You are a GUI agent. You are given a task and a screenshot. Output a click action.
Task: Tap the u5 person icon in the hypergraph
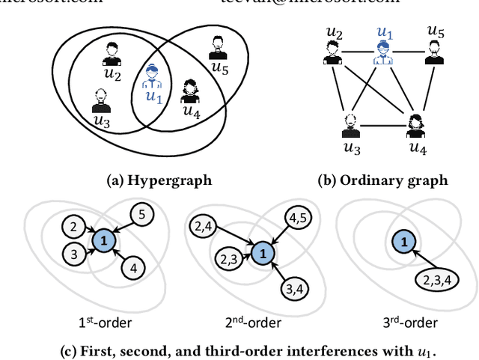coord(217,47)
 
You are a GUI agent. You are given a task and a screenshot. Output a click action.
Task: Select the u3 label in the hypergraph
coord(100,119)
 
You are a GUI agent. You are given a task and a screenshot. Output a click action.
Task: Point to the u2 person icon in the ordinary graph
coord(332,52)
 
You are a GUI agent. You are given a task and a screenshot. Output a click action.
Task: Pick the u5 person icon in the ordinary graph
coord(436,52)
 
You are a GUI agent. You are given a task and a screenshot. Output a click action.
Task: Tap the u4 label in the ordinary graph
coord(417,147)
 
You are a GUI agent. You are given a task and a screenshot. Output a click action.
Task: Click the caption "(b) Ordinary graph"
coord(391,180)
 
